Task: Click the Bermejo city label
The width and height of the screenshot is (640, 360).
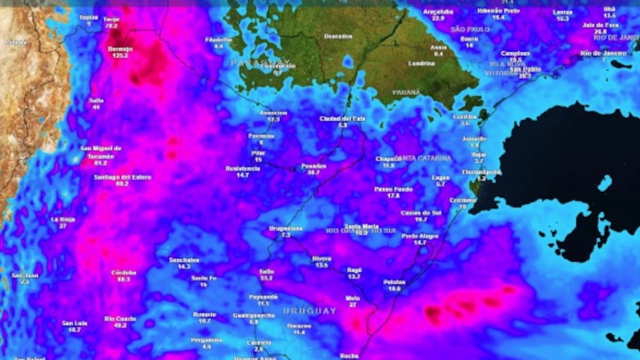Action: pyautogui.click(x=120, y=49)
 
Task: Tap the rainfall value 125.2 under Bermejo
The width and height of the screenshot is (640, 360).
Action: pyautogui.click(x=120, y=55)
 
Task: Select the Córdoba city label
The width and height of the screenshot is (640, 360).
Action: pyautogui.click(x=124, y=273)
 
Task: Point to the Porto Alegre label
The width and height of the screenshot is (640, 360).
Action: pyautogui.click(x=420, y=236)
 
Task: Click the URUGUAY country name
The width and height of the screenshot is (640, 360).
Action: pyautogui.click(x=310, y=311)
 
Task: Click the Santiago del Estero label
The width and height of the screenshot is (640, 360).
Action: pyautogui.click(x=123, y=177)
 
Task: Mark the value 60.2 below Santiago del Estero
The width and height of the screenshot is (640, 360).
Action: pyautogui.click(x=123, y=183)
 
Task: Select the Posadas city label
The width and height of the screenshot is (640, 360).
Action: pyautogui.click(x=314, y=166)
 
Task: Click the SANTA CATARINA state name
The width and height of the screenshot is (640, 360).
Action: pyautogui.click(x=427, y=158)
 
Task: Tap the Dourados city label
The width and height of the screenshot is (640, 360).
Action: pyautogui.click(x=338, y=36)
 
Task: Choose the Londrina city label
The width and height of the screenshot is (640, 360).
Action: pyautogui.click(x=421, y=63)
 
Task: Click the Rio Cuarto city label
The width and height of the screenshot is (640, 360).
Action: pyautogui.click(x=120, y=319)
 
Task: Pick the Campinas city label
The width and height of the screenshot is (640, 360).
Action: pyautogui.click(x=515, y=53)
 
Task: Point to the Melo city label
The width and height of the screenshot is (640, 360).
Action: pyautogui.click(x=352, y=299)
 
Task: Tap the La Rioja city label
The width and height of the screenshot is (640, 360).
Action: pyautogui.click(x=62, y=219)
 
